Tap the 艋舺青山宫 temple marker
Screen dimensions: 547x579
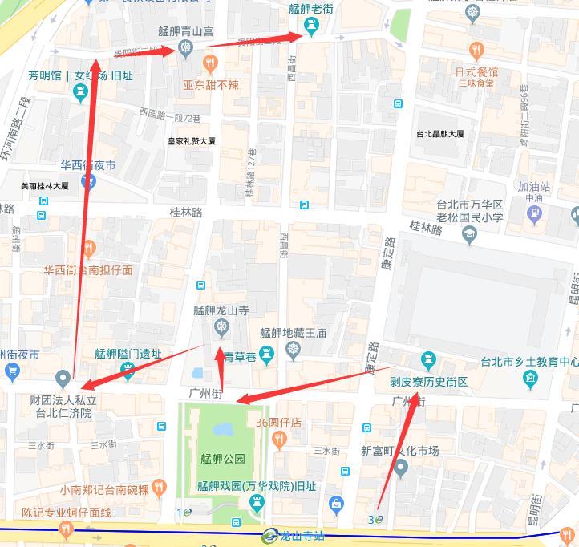point(186,50)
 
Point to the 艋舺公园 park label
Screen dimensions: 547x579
point(222,460)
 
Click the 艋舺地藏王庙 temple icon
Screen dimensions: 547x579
point(293,350)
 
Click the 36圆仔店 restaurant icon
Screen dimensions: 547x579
point(278,439)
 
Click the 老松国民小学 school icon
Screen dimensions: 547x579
point(469,233)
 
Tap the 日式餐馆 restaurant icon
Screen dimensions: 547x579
point(476,51)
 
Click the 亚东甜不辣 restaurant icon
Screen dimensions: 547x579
point(210,63)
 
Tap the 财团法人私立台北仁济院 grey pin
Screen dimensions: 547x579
point(63,378)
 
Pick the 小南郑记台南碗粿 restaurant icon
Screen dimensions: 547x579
point(160,488)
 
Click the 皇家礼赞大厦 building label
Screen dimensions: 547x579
point(191,141)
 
